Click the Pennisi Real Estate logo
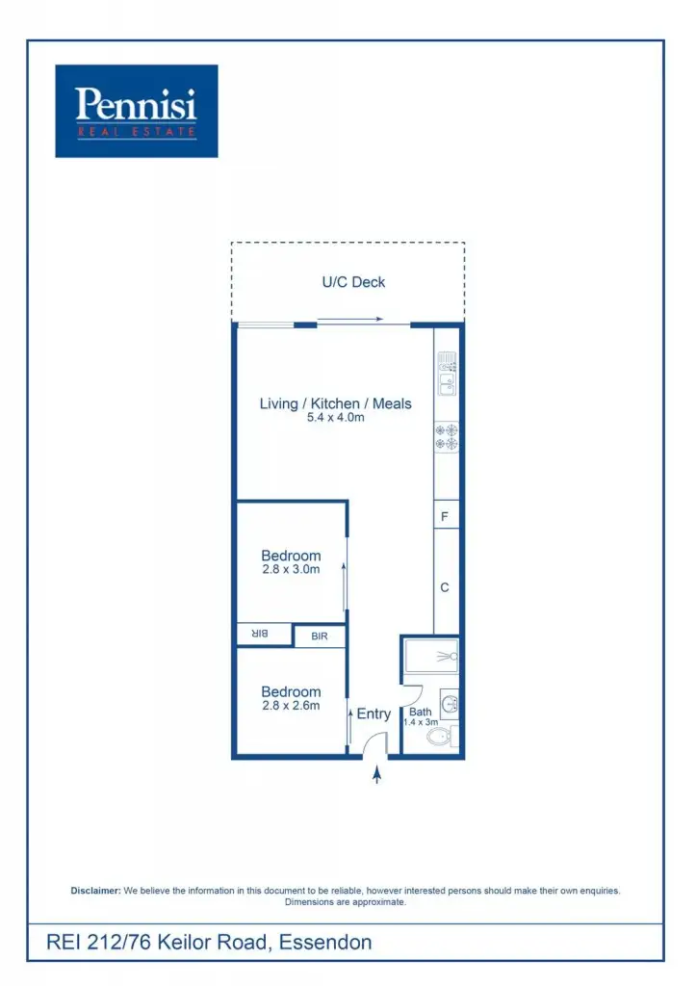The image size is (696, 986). (x=136, y=111)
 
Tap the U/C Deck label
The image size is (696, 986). (x=353, y=282)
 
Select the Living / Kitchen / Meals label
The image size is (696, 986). (x=335, y=403)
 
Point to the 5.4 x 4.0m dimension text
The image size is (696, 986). (x=335, y=418)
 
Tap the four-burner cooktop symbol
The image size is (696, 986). (x=447, y=439)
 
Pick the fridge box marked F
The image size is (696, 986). (x=445, y=515)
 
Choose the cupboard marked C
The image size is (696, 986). (x=445, y=587)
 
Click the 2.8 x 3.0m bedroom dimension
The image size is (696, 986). (x=291, y=569)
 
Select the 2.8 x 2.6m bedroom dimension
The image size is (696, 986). (x=291, y=706)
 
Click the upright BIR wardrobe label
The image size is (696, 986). (x=319, y=636)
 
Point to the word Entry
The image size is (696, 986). (x=374, y=714)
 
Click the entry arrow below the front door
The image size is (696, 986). (x=376, y=774)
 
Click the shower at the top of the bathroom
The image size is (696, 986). (x=431, y=656)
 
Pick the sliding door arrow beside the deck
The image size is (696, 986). (x=351, y=320)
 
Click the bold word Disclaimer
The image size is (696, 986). (x=96, y=891)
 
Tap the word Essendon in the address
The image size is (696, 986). (x=324, y=942)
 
